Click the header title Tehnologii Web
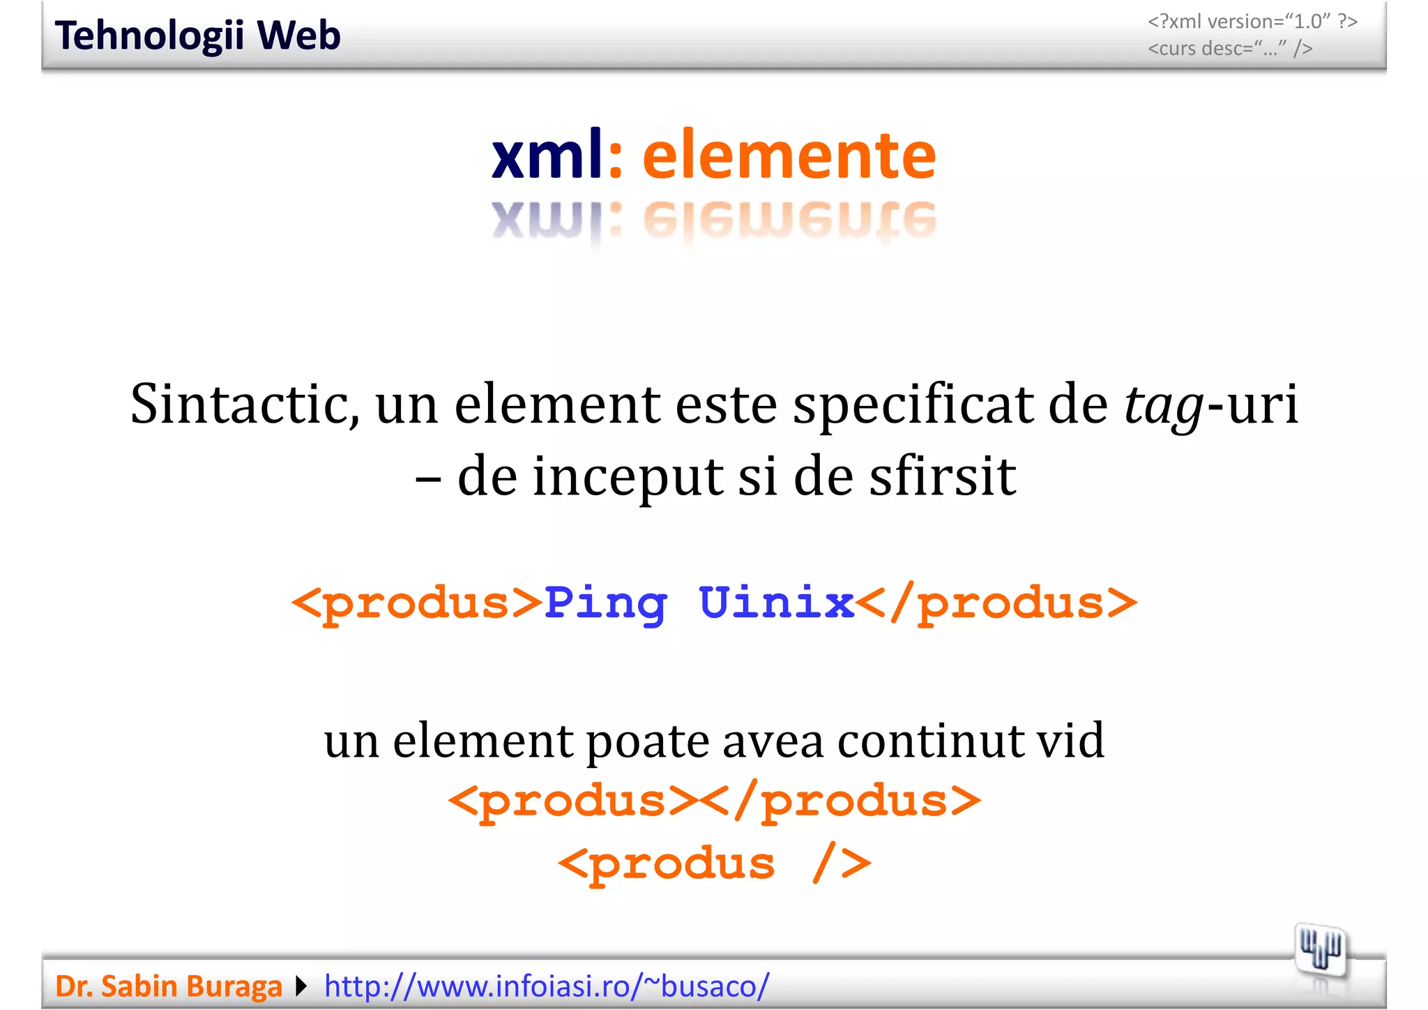click(x=197, y=36)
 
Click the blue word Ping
click(x=605, y=603)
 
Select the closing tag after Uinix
click(x=996, y=603)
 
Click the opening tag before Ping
click(x=416, y=603)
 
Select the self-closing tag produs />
click(x=715, y=864)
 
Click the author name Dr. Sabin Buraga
click(x=168, y=986)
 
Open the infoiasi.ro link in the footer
click(x=547, y=986)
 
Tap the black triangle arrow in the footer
click(x=301, y=986)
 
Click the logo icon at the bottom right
click(x=1319, y=951)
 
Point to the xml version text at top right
click(x=1252, y=22)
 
